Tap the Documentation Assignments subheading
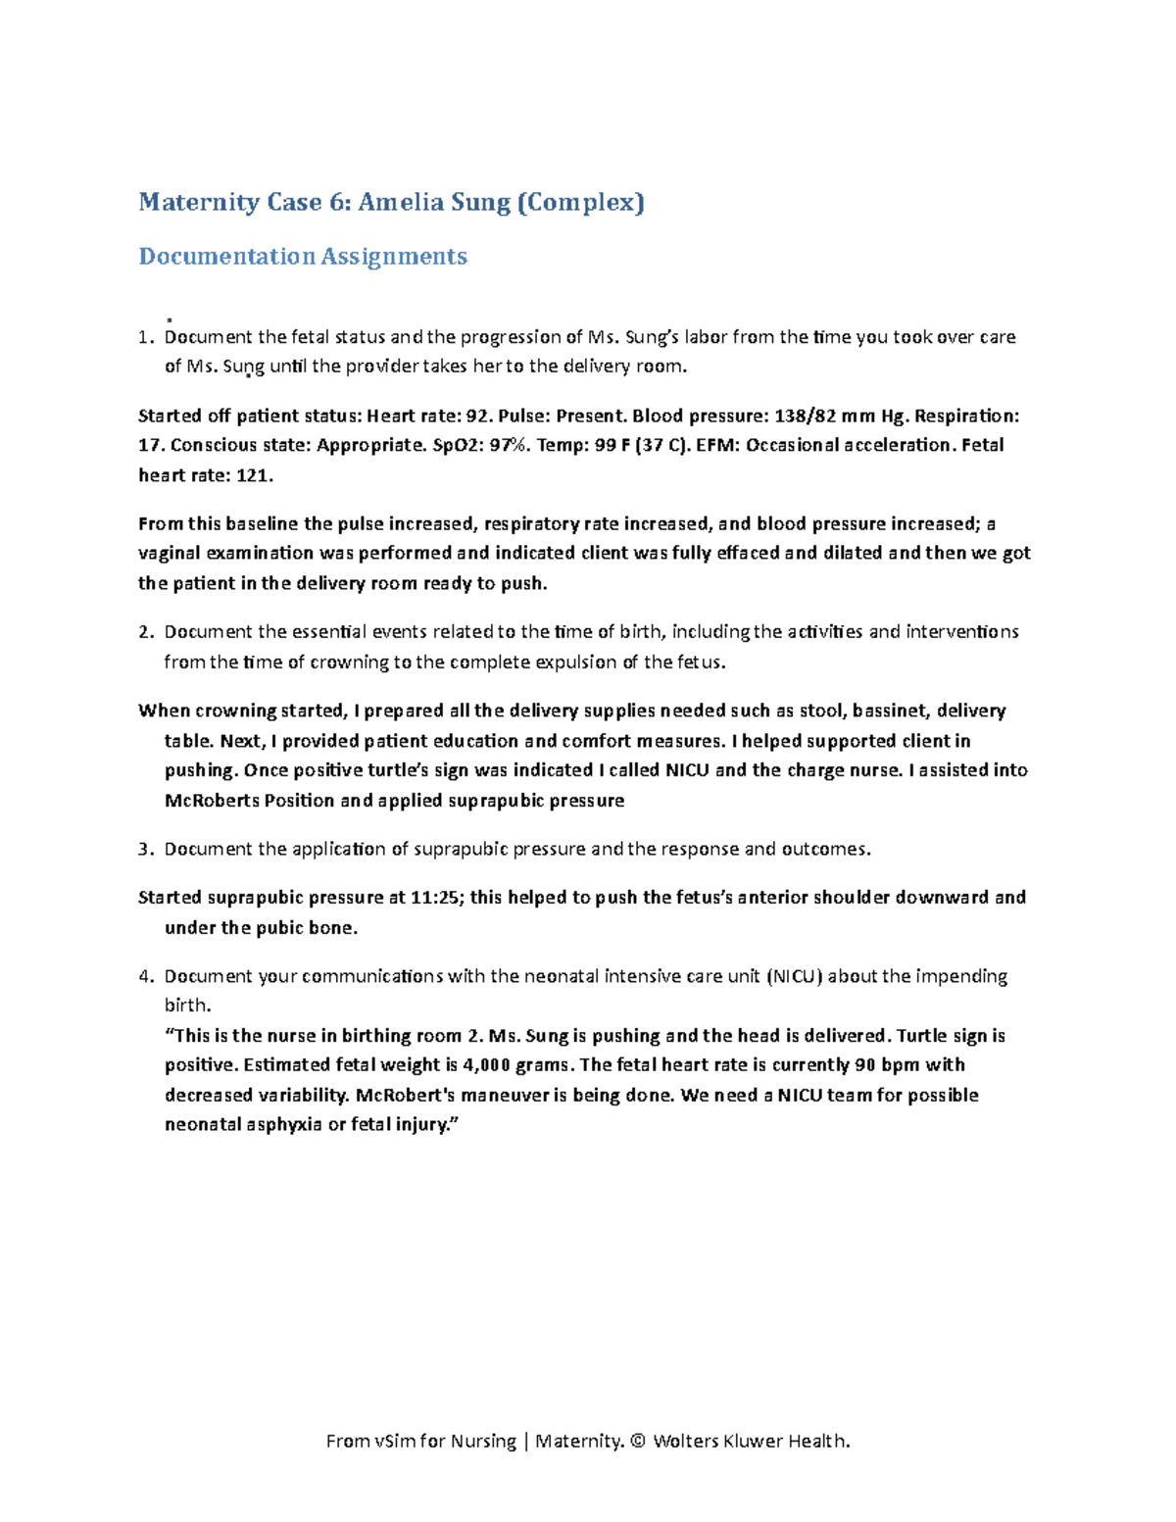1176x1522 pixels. pyautogui.click(x=303, y=256)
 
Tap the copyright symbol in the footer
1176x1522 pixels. pyautogui.click(x=638, y=1441)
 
